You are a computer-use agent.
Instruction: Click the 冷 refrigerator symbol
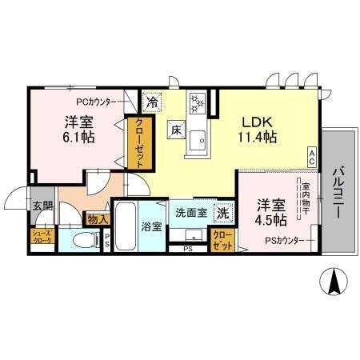(152, 102)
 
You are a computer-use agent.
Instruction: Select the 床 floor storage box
(174, 130)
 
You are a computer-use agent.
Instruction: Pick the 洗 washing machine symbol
(226, 214)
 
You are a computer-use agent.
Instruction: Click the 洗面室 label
(192, 214)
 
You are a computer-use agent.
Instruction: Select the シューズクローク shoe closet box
(42, 237)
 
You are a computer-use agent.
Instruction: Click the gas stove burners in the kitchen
(198, 103)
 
